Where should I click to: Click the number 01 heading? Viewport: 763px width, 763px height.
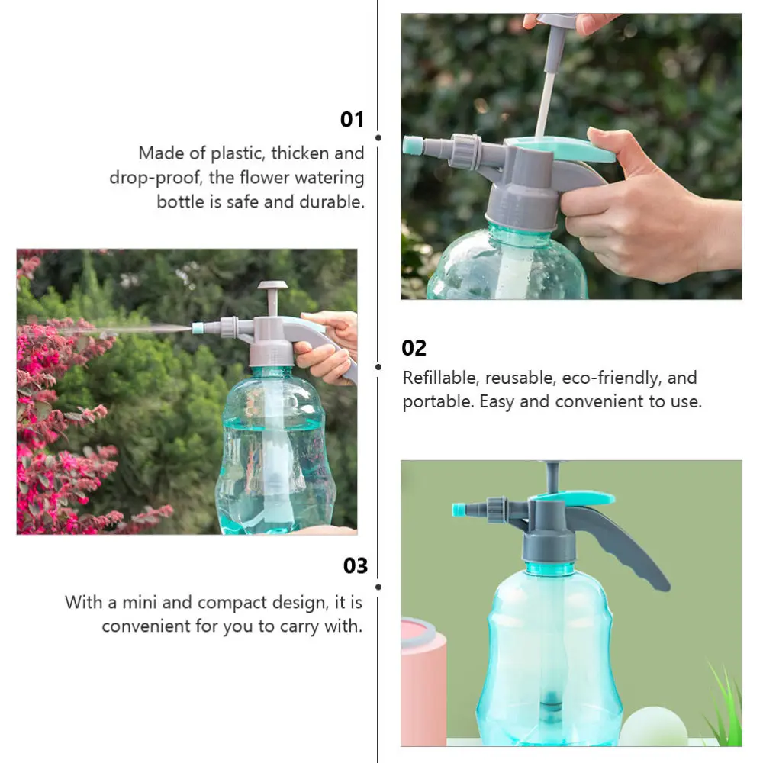(352, 120)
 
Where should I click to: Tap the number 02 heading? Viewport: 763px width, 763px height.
(414, 348)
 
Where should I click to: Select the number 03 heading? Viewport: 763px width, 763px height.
(355, 565)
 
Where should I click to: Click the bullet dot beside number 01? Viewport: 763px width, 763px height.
(378, 137)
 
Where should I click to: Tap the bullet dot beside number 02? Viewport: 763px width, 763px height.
(378, 366)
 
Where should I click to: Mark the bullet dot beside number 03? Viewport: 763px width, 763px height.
(378, 587)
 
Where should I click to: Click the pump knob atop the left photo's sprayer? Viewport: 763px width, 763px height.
(272, 288)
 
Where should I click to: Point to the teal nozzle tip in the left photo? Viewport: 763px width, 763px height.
(198, 328)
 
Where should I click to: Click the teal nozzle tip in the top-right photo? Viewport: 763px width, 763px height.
(413, 145)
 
